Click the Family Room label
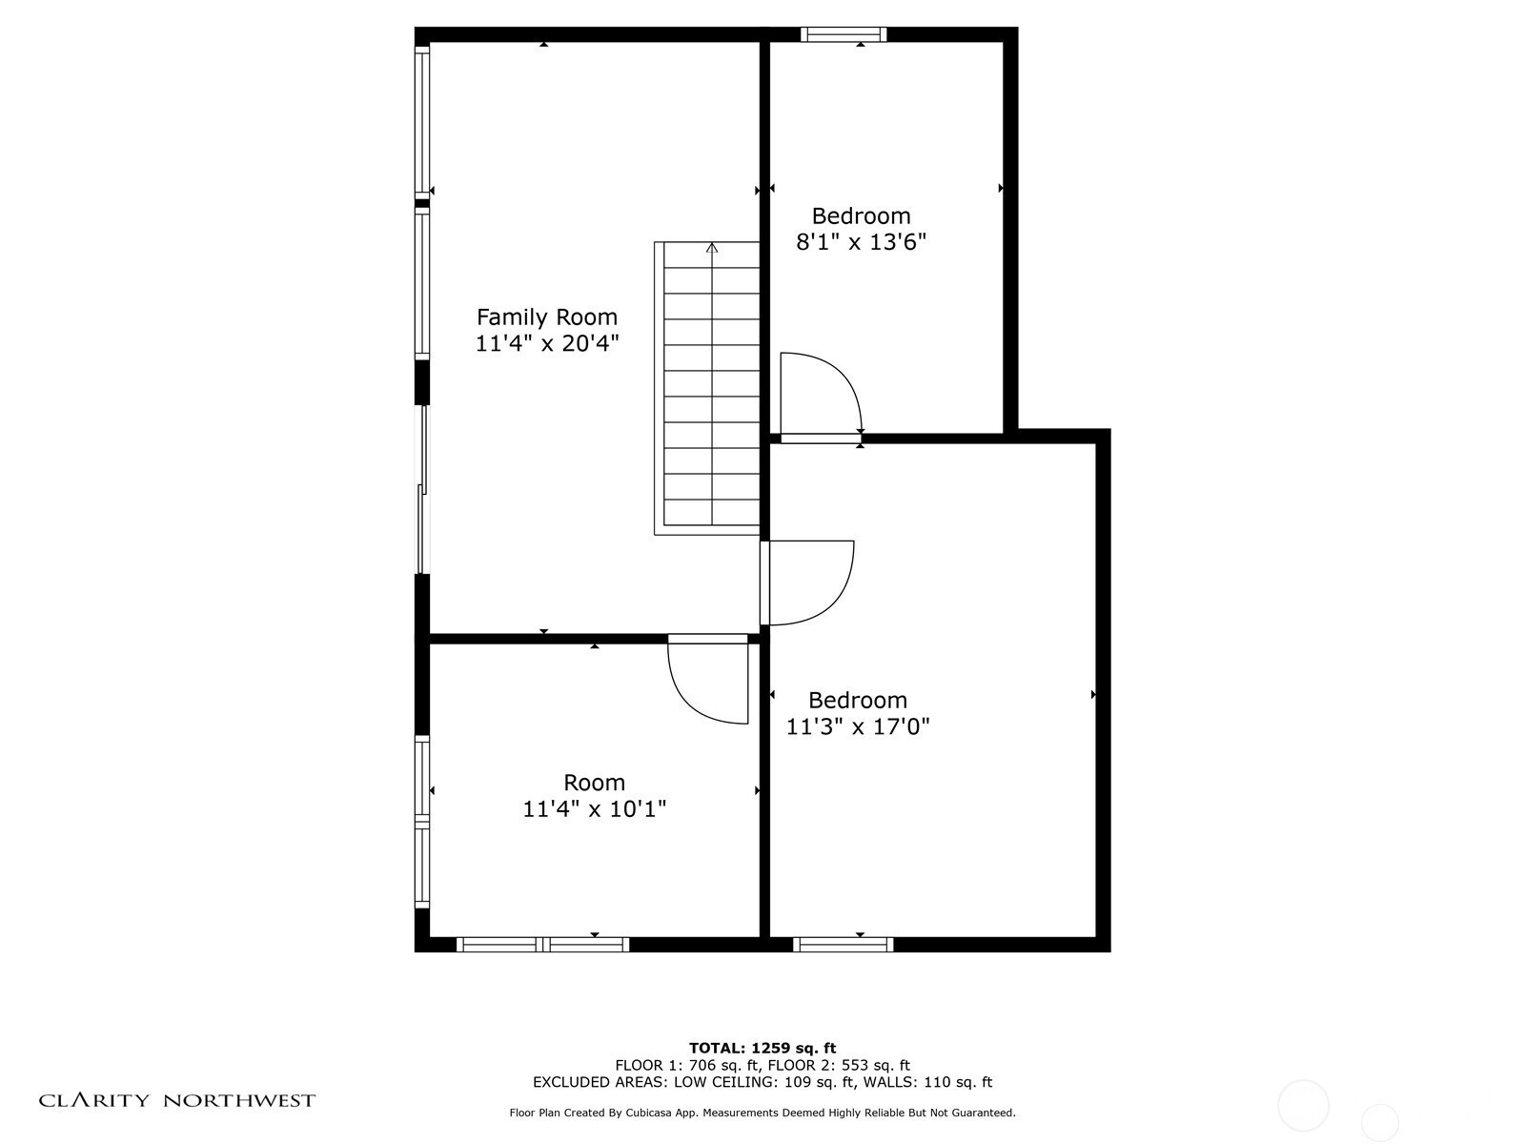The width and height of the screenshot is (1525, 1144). (546, 317)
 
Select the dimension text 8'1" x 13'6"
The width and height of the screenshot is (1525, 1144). (861, 242)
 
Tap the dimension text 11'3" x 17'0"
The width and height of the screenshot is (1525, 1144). (857, 726)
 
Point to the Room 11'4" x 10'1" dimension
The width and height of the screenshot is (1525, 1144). (594, 808)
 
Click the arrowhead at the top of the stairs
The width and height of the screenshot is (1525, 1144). (712, 248)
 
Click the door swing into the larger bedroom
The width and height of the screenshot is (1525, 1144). (810, 582)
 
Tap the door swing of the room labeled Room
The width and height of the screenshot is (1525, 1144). (707, 682)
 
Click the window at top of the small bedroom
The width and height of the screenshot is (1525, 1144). (844, 34)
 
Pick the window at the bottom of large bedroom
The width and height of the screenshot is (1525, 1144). (843, 945)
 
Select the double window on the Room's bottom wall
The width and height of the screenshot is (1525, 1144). (542, 945)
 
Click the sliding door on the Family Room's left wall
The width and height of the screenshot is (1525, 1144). (422, 490)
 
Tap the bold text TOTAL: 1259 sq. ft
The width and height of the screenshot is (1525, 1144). (762, 1048)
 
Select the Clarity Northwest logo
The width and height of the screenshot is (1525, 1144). (177, 1100)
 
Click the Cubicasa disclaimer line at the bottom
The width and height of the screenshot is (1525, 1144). (762, 1113)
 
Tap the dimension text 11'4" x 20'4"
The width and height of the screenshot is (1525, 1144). (547, 343)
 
